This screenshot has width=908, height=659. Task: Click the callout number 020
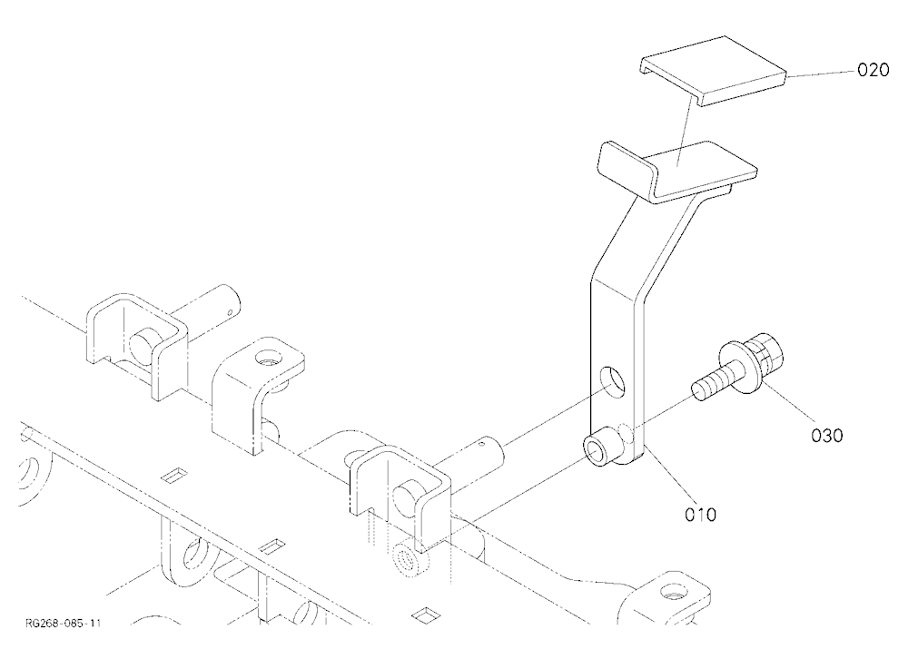pos(873,71)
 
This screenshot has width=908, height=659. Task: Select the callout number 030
pos(826,436)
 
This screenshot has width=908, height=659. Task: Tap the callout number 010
pos(700,515)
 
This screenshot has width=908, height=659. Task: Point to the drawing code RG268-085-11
pos(64,623)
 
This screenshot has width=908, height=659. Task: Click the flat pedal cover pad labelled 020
pos(713,71)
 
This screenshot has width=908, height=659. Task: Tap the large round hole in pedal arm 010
pos(613,383)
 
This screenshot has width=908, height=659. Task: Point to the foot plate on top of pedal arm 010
pos(677,172)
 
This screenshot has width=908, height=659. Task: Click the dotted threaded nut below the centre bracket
pos(410,558)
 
